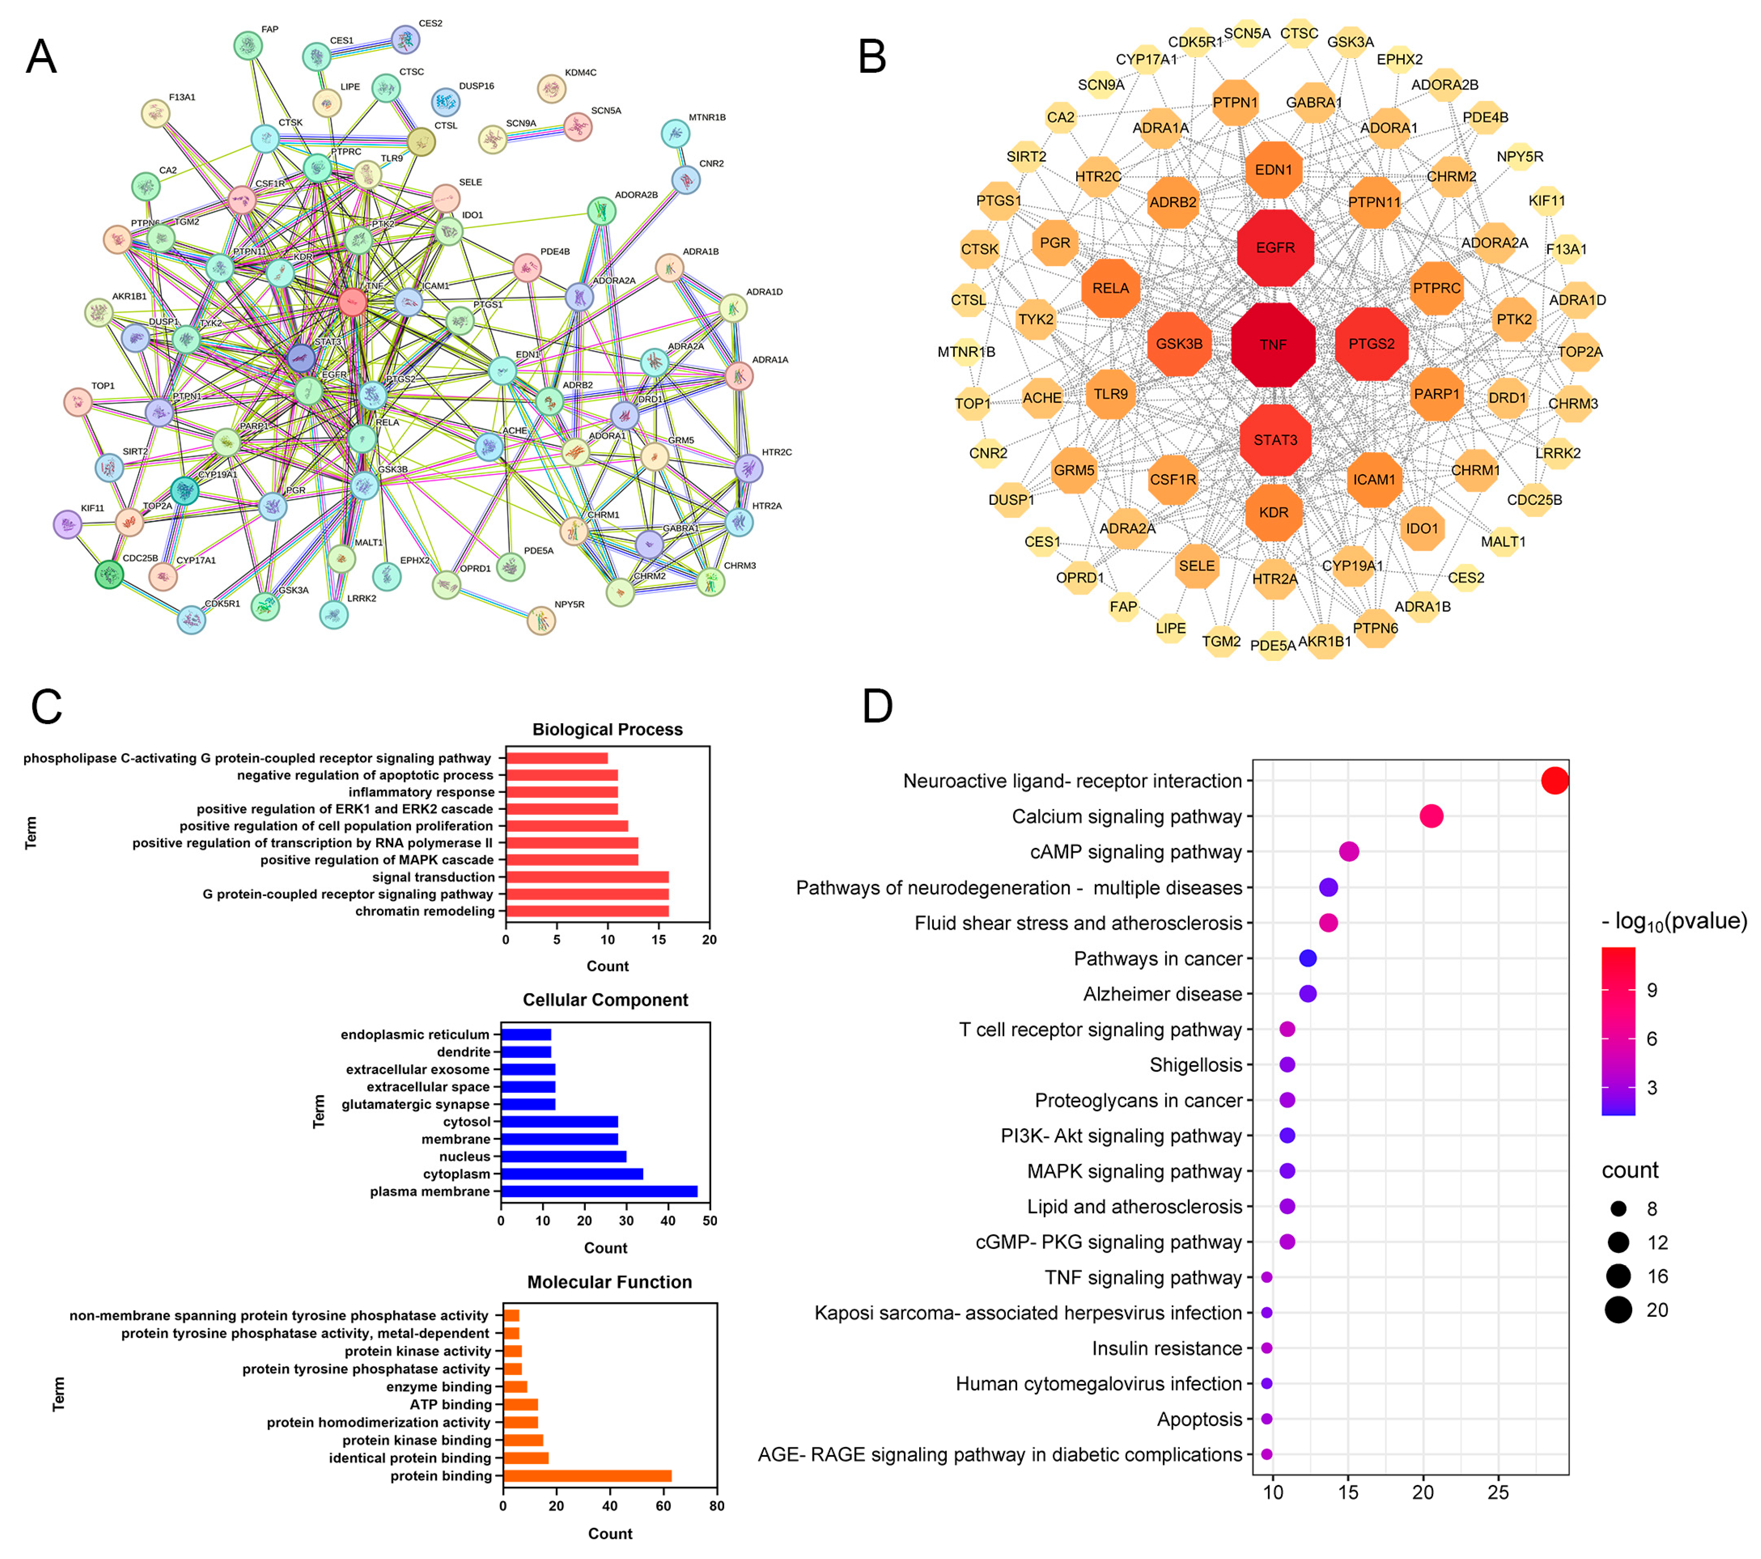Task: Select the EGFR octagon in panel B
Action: [x=1275, y=248]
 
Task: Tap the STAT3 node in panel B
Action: [x=1275, y=440]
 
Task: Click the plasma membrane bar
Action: [x=599, y=1191]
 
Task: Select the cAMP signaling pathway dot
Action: [x=1349, y=852]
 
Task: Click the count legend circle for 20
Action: [x=1618, y=1310]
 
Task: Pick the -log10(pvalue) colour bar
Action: [x=1618, y=1031]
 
